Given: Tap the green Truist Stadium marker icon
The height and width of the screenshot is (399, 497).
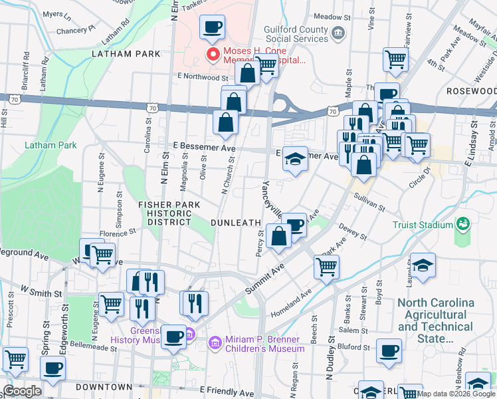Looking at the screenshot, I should point(463,225).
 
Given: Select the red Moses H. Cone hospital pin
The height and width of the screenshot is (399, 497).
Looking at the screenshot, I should point(213,54).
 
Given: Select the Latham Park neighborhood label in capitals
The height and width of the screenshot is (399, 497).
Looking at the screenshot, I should point(127,53).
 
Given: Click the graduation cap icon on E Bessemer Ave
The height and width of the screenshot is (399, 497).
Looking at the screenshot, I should point(294,160).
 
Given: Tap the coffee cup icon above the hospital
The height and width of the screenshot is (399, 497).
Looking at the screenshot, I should point(212,28).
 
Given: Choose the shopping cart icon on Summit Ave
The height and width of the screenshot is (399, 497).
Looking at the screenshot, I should point(326,267).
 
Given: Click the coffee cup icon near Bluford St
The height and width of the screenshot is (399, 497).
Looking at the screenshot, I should point(389,350).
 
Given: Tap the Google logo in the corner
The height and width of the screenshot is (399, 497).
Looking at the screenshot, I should point(21,391).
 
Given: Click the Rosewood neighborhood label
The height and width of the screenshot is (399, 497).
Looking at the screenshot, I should point(471,90).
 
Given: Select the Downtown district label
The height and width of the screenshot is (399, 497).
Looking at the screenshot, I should point(104,387).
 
